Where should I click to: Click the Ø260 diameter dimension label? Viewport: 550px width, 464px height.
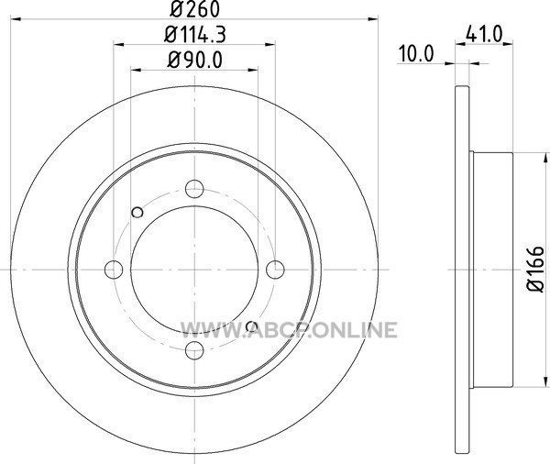pyautogui.click(x=194, y=9)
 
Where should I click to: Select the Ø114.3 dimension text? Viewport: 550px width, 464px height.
pyautogui.click(x=194, y=35)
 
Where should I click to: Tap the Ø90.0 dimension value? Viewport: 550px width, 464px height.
pyautogui.click(x=194, y=60)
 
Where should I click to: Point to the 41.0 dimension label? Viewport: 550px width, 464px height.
pyautogui.click(x=484, y=35)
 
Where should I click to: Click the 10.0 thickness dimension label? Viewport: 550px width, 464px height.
pyautogui.click(x=416, y=54)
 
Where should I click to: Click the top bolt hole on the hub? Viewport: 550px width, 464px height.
pyautogui.click(x=194, y=189)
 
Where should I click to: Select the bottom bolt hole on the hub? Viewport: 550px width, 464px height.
pyautogui.click(x=194, y=350)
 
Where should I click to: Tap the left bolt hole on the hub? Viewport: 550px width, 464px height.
pyautogui.click(x=114, y=270)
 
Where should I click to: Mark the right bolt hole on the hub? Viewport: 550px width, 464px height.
pyautogui.click(x=275, y=270)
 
